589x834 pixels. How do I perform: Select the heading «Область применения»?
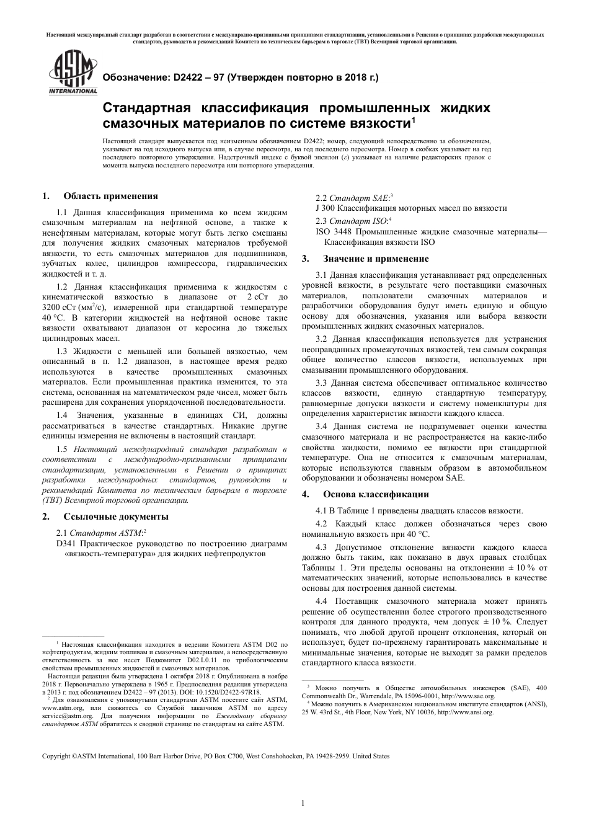click(110, 197)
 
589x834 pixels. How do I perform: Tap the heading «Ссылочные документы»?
click(115, 516)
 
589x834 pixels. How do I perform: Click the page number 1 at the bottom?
click(303, 804)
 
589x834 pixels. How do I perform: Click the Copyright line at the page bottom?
click(215, 756)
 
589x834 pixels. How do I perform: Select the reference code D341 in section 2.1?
click(66, 543)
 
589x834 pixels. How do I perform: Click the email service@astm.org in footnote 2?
click(63, 715)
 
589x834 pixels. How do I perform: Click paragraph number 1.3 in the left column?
click(63, 352)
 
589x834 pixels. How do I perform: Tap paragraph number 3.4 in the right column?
click(322, 426)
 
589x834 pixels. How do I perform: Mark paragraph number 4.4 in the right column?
click(322, 601)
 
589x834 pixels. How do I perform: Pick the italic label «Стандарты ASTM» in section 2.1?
click(106, 532)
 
